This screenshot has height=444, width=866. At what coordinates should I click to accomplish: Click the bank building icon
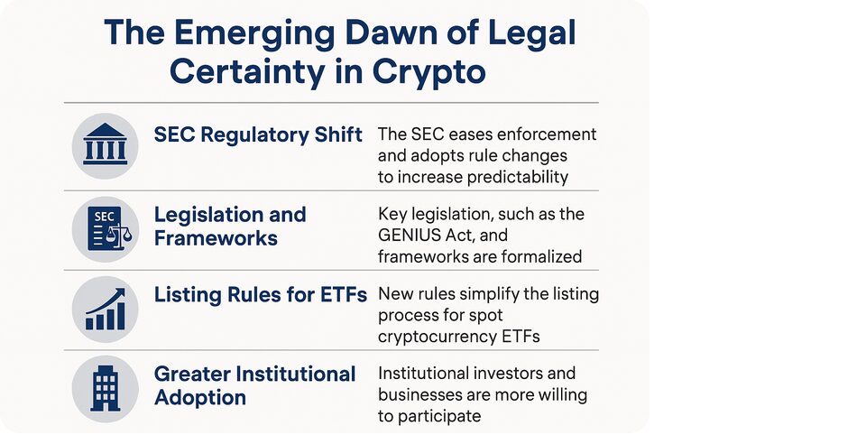(x=105, y=144)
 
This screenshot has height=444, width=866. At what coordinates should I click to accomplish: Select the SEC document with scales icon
(x=110, y=228)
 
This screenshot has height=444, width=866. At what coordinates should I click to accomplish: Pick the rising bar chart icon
(x=105, y=309)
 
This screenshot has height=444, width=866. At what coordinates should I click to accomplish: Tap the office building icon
(x=105, y=388)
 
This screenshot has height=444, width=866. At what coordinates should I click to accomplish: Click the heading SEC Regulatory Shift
(x=258, y=134)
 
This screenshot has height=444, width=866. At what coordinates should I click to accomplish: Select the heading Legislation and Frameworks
(x=230, y=227)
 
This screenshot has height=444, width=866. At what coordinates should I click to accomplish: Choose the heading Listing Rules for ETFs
(x=260, y=295)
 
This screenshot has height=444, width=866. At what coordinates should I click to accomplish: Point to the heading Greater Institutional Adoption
(x=254, y=385)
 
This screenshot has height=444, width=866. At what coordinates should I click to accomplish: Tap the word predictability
(x=518, y=177)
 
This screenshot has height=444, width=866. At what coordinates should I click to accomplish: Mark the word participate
(x=438, y=416)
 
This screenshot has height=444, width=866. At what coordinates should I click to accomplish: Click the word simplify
(x=489, y=294)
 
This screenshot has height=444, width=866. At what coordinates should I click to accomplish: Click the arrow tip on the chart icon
(x=124, y=290)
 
